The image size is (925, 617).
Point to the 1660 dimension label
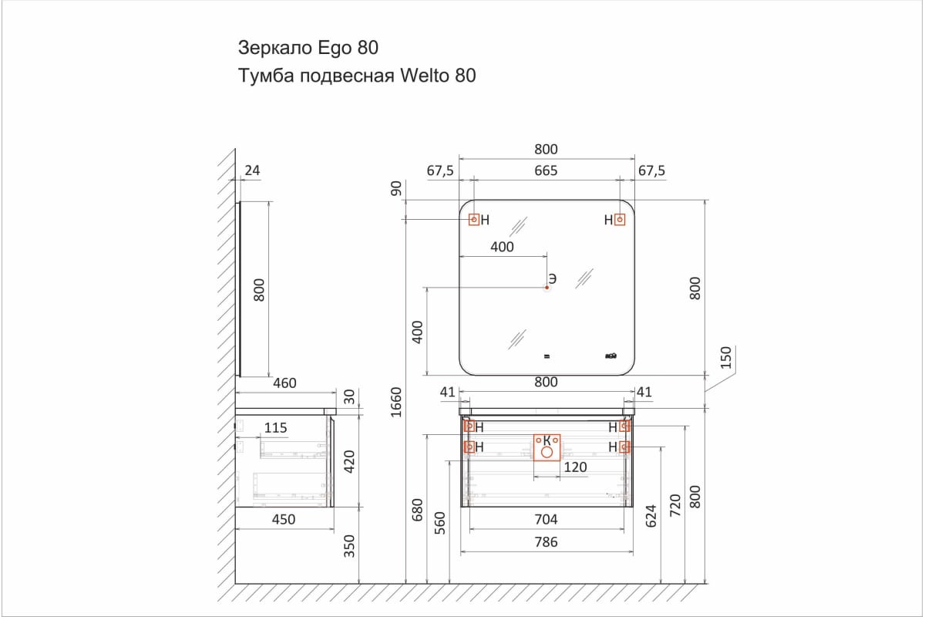pyautogui.click(x=396, y=402)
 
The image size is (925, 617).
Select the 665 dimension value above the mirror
pyautogui.click(x=546, y=170)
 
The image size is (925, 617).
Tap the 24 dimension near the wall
pyautogui.click(x=252, y=170)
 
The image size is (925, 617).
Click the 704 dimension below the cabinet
pyautogui.click(x=546, y=519)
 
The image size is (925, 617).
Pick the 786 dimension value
pyautogui.click(x=546, y=541)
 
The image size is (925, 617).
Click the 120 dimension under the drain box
pyautogui.click(x=575, y=467)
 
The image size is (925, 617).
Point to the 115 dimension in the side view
pyautogui.click(x=275, y=428)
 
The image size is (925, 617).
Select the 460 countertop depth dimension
pyautogui.click(x=284, y=383)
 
